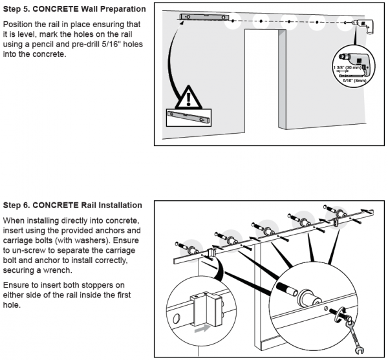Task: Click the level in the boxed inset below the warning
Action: pos(188,116)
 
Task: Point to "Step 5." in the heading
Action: pos(18,10)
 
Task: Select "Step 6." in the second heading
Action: pos(18,205)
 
